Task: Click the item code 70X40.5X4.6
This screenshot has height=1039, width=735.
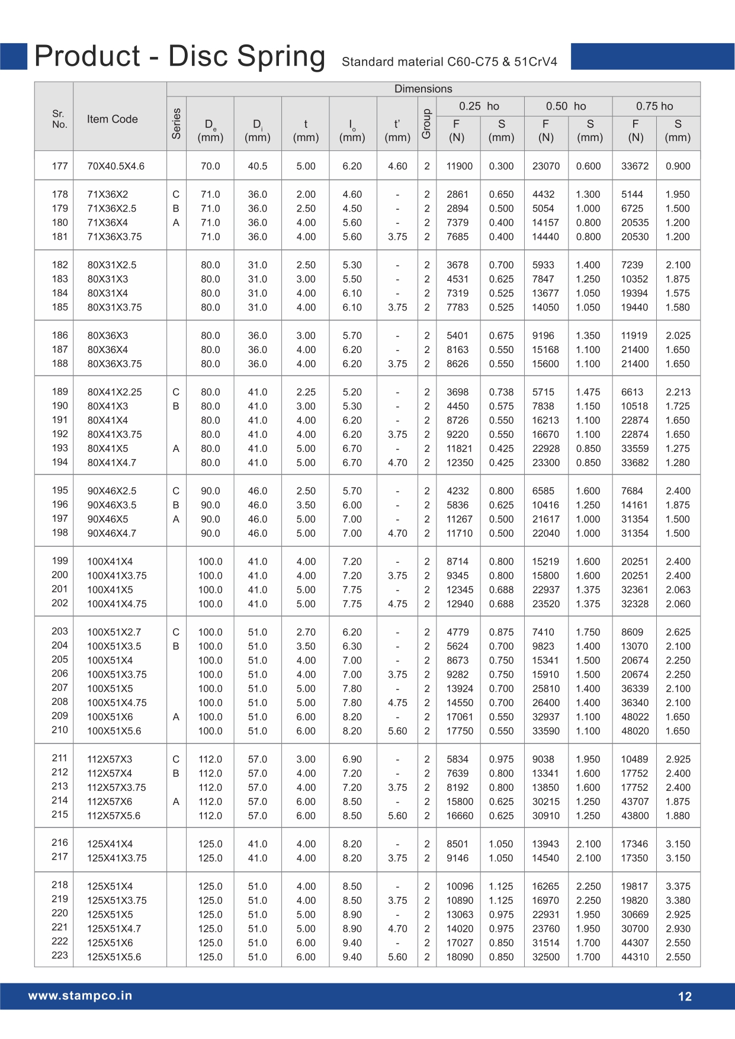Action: point(115,166)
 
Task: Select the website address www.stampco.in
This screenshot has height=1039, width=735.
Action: point(80,996)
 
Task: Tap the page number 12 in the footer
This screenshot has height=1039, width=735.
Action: point(685,996)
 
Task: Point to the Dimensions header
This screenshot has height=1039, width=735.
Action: point(423,89)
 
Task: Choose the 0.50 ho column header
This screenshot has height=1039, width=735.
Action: point(566,106)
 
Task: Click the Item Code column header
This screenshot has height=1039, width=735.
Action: point(112,119)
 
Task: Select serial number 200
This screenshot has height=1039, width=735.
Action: point(60,575)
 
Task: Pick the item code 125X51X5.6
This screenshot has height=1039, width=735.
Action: point(114,957)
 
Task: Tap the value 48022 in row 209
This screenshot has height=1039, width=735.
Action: point(634,717)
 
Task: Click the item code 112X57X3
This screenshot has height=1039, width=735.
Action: point(110,759)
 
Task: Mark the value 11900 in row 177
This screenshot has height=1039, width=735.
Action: point(459,166)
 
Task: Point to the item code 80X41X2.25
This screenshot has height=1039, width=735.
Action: point(114,392)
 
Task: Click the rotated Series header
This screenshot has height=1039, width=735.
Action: point(176,123)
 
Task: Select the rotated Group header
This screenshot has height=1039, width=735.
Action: point(426,123)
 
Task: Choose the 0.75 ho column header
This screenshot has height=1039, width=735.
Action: point(654,106)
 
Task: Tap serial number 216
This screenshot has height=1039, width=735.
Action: point(60,842)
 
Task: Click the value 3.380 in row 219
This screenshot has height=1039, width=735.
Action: point(678,900)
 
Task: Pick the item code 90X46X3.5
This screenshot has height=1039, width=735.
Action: point(112,505)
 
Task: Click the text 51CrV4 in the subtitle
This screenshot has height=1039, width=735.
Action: point(535,62)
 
